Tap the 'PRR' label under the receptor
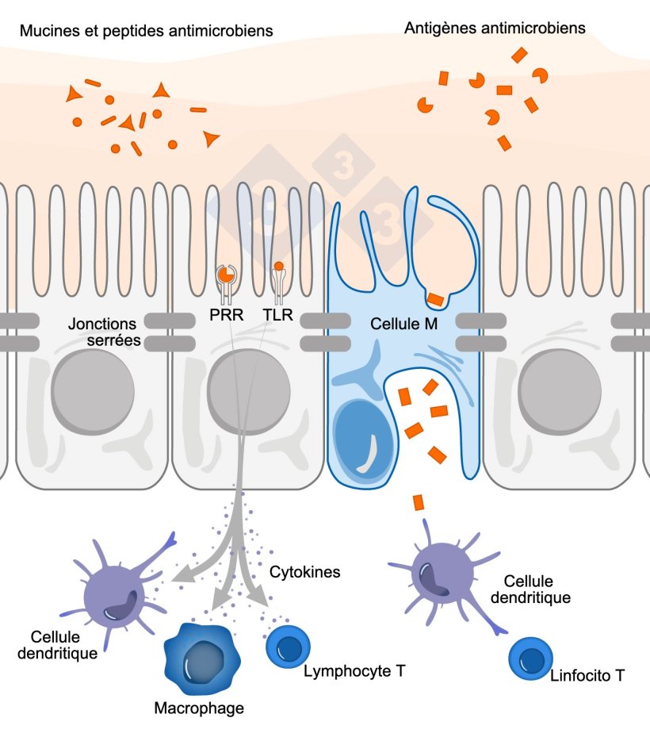(x=227, y=316)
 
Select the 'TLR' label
(x=277, y=316)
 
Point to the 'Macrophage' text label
(x=199, y=708)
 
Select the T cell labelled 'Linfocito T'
(x=529, y=658)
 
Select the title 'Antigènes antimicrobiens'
(x=495, y=28)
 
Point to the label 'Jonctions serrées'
(x=105, y=332)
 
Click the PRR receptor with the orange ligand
(x=226, y=278)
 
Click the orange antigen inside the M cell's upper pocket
(x=435, y=299)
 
